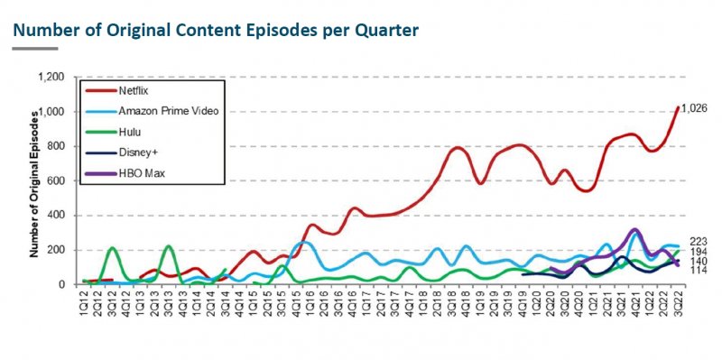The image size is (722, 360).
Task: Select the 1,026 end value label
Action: pos(694,108)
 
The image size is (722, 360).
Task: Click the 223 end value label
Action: pos(698,241)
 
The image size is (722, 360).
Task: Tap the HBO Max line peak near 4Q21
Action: pos(635,230)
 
